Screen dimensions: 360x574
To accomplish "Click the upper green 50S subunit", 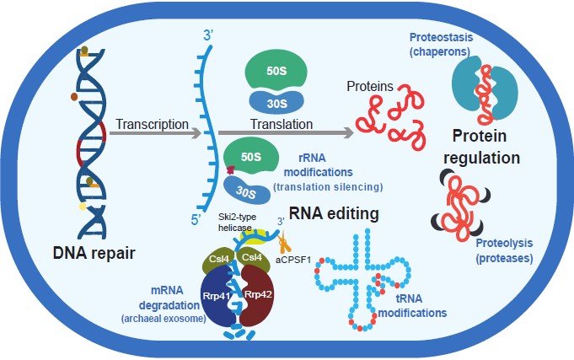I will tap(274, 69).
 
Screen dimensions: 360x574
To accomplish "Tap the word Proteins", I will tap(370, 86).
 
